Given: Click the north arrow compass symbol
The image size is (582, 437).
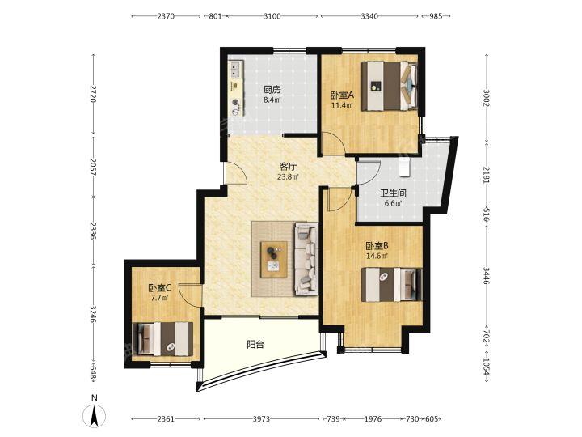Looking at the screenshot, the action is click(x=95, y=414).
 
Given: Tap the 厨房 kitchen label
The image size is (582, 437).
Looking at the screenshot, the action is click(x=272, y=90).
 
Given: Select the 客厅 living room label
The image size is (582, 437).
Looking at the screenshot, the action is click(x=288, y=167).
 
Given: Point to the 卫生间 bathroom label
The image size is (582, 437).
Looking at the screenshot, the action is click(x=393, y=193).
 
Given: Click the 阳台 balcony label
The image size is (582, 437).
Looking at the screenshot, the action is click(x=255, y=345).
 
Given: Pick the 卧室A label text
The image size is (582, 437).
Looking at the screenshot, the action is click(x=343, y=95).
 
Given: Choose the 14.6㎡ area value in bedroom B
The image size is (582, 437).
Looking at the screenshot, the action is click(x=377, y=256).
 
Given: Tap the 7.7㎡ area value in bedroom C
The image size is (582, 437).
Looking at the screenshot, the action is click(x=160, y=298).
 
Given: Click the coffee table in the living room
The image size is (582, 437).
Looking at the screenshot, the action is click(x=274, y=260).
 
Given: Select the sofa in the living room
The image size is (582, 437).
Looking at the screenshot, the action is click(x=306, y=259).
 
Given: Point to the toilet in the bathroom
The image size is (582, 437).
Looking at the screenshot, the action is click(x=404, y=167).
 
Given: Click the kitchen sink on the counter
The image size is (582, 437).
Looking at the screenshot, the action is click(x=235, y=70).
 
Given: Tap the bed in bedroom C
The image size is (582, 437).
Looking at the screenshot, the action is click(x=162, y=338).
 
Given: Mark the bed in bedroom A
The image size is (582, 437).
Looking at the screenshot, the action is click(x=390, y=86).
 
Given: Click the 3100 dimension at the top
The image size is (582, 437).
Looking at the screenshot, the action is click(x=272, y=16).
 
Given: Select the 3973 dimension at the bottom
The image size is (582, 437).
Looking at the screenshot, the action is click(x=261, y=419).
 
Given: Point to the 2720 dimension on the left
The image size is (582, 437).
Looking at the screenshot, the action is click(x=93, y=95).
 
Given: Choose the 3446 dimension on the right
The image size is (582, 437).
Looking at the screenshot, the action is click(x=487, y=275).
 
